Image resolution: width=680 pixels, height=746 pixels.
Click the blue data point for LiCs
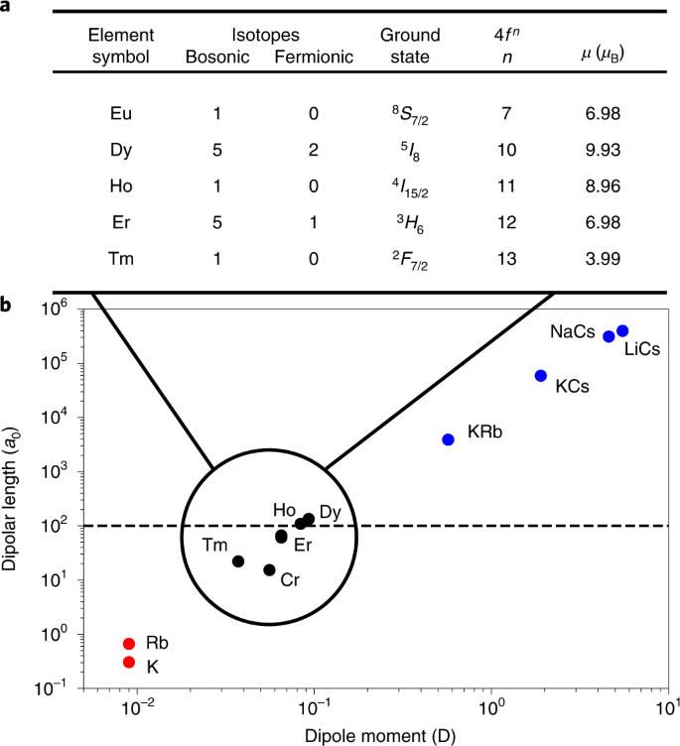pyautogui.click(x=622, y=331)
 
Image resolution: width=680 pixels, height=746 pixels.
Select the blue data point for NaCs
pyautogui.click(x=609, y=336)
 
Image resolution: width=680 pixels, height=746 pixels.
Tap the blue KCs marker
pyautogui.click(x=541, y=376)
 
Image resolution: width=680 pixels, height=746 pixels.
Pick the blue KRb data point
pyautogui.click(x=449, y=439)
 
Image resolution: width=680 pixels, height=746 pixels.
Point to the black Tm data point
pyautogui.click(x=238, y=561)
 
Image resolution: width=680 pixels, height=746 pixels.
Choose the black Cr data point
pyautogui.click(x=269, y=569)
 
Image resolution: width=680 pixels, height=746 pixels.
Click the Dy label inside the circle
pyautogui.click(x=331, y=512)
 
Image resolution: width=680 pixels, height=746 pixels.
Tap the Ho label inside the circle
pyautogui.click(x=284, y=509)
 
